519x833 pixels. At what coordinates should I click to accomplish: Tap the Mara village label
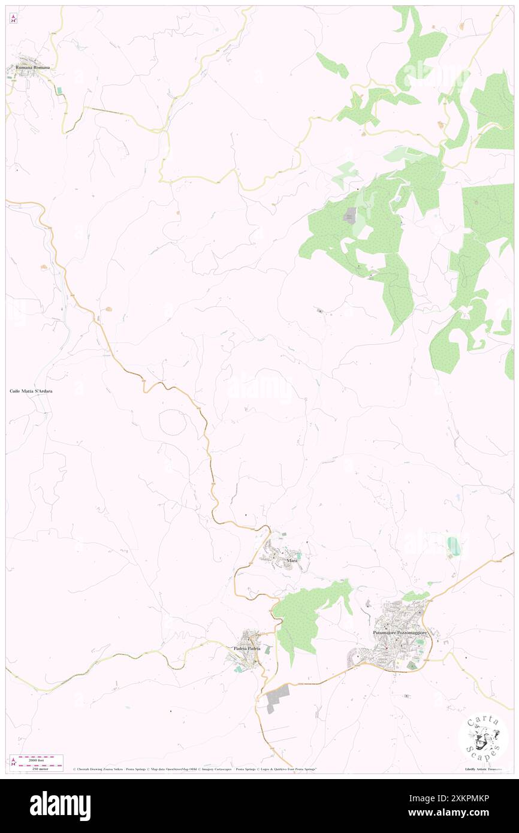[x=292, y=560]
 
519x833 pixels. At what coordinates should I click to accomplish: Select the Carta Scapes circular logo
[x=483, y=738]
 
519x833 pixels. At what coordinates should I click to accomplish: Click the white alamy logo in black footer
[x=60, y=805]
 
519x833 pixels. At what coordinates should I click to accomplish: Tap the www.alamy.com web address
[x=462, y=813]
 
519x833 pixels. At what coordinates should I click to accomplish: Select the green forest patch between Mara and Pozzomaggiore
[x=303, y=617]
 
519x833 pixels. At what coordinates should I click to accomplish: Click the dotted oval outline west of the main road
[x=173, y=423]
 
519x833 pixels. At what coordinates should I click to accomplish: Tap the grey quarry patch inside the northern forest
[x=349, y=216]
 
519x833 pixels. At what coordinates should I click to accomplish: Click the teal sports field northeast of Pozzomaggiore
[x=454, y=545]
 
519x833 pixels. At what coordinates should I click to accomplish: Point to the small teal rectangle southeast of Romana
[x=59, y=91]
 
